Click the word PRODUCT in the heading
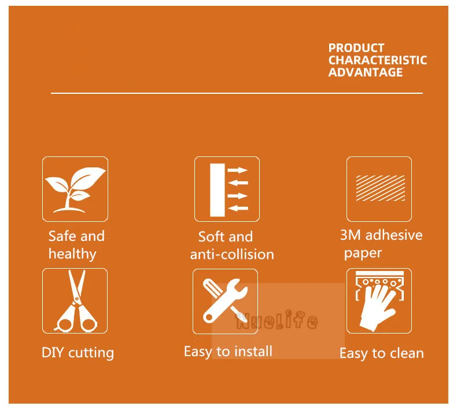[x=356, y=48]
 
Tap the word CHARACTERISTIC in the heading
[x=378, y=60]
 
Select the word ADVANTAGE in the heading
[x=366, y=72]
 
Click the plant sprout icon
[x=75, y=189]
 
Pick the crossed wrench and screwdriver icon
[x=225, y=301]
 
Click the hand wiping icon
[x=379, y=301]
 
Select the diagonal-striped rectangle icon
[x=380, y=188]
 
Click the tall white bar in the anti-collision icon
[x=218, y=190]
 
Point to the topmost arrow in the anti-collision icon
[x=238, y=170]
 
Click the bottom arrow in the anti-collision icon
[x=238, y=208]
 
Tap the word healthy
[x=72, y=254]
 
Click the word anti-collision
[x=232, y=254]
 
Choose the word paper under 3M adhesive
[x=363, y=253]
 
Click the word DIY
[x=53, y=353]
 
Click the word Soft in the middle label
[x=211, y=236]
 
